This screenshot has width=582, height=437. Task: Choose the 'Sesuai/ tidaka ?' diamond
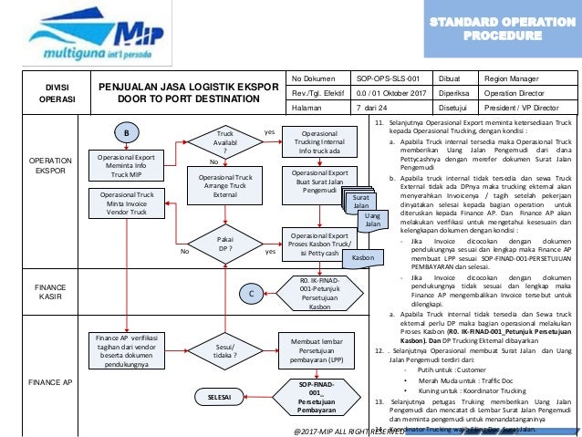tap(225, 353)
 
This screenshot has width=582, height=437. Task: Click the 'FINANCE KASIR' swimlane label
tap(45, 292)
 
